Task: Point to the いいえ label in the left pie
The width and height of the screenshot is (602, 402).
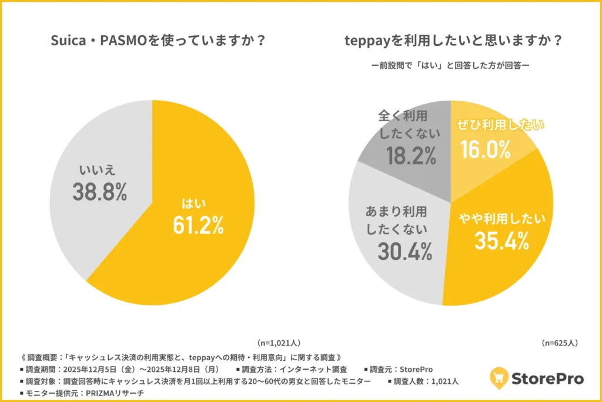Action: click(97, 171)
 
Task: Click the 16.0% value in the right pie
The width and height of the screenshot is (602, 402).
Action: click(486, 150)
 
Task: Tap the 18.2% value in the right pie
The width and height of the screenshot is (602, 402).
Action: click(411, 155)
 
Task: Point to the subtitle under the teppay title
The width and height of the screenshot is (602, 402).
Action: click(451, 65)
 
